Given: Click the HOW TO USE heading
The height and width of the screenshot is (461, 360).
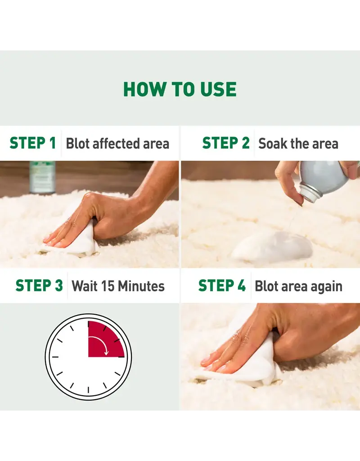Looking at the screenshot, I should point(180,89).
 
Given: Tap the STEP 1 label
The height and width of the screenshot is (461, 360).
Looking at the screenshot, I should point(32,143).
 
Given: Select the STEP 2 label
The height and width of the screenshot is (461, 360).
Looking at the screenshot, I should point(225,143).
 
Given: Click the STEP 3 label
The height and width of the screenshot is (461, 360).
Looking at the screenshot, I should point(39,286).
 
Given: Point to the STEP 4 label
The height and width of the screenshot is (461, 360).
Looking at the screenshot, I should point(222,286).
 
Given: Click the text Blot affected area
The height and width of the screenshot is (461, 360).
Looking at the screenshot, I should point(117,144).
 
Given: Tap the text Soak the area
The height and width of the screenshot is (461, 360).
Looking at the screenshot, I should point(298,144).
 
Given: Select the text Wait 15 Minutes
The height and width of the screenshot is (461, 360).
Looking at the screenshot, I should point(118,286).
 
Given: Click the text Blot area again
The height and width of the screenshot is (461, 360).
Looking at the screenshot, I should point(298,286).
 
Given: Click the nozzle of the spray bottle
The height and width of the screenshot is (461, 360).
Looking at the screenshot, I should point(310,194).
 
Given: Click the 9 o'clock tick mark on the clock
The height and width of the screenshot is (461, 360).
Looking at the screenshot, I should point(55,357).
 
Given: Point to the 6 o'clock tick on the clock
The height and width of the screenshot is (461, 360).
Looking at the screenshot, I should point(88,390).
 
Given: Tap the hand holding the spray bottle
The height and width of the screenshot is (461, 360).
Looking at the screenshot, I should point(288,178).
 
